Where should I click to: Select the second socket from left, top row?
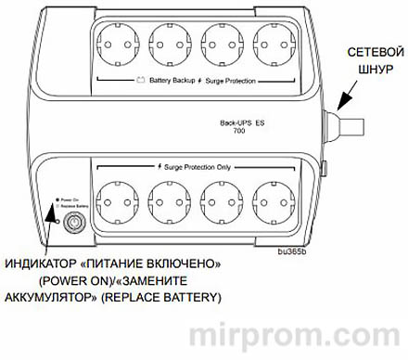[170, 43]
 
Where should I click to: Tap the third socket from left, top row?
[223, 43]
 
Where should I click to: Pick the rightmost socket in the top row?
[276, 43]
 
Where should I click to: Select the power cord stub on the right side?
[351, 122]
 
